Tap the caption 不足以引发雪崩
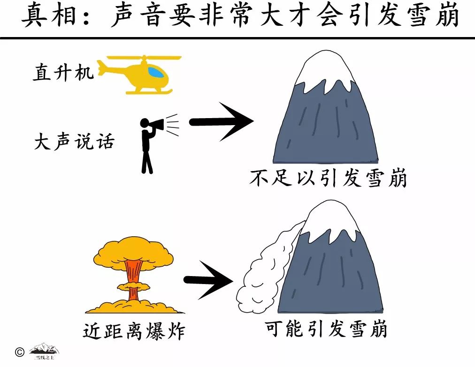pyautogui.click(x=328, y=178)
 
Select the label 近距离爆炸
pyautogui.click(x=134, y=331)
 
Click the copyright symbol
pyautogui.click(x=19, y=352)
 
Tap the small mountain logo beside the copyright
pyautogui.click(x=45, y=351)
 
